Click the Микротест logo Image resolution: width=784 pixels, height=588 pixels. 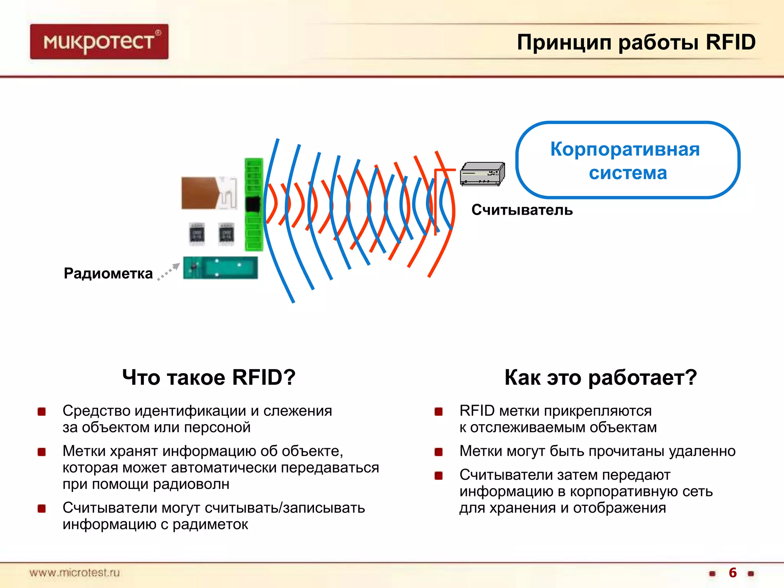[99, 42]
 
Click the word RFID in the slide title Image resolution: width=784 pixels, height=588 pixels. [730, 42]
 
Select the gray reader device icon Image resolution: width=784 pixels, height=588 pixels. [482, 173]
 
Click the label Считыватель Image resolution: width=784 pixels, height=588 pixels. [522, 210]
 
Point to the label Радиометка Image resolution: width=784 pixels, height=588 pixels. [108, 273]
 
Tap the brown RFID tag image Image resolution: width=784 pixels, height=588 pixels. [209, 193]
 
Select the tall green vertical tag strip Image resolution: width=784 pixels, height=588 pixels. [254, 204]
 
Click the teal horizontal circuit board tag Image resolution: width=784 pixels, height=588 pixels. [220, 268]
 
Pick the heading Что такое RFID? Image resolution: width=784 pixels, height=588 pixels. [209, 377]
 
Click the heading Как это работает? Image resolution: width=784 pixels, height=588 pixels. [600, 377]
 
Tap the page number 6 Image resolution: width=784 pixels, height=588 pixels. [732, 572]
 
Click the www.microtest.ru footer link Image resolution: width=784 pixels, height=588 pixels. [75, 573]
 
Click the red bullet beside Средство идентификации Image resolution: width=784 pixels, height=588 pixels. [42, 412]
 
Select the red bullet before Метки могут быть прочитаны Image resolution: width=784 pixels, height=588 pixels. [439, 452]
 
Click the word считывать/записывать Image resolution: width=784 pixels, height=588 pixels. [284, 508]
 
